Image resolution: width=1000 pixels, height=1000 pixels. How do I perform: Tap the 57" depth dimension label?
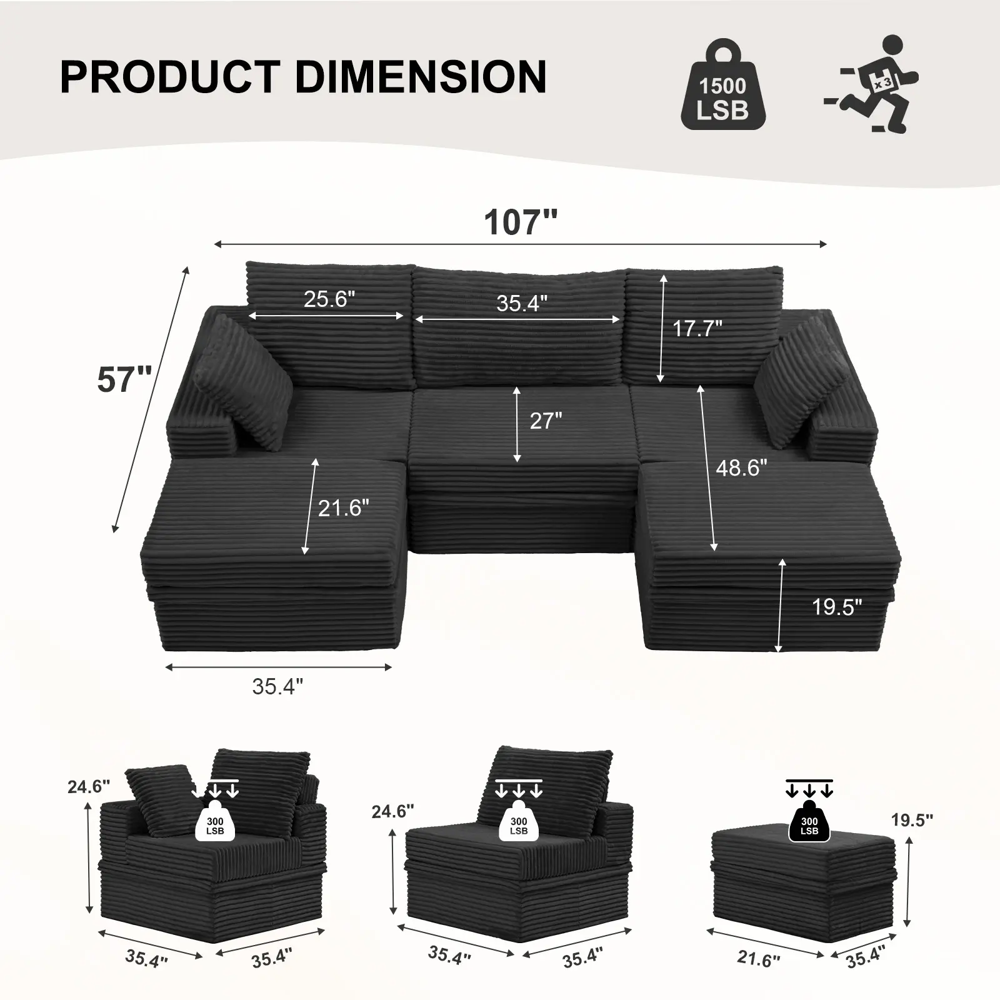pos(124,379)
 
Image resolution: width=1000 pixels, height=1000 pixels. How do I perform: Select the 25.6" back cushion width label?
pos(329,299)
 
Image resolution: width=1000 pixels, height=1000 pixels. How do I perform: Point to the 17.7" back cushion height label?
pos(697,328)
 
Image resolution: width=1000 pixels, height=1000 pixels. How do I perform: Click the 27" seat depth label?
pos(546,421)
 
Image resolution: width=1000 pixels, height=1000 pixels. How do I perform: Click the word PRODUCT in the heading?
pos(169,77)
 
